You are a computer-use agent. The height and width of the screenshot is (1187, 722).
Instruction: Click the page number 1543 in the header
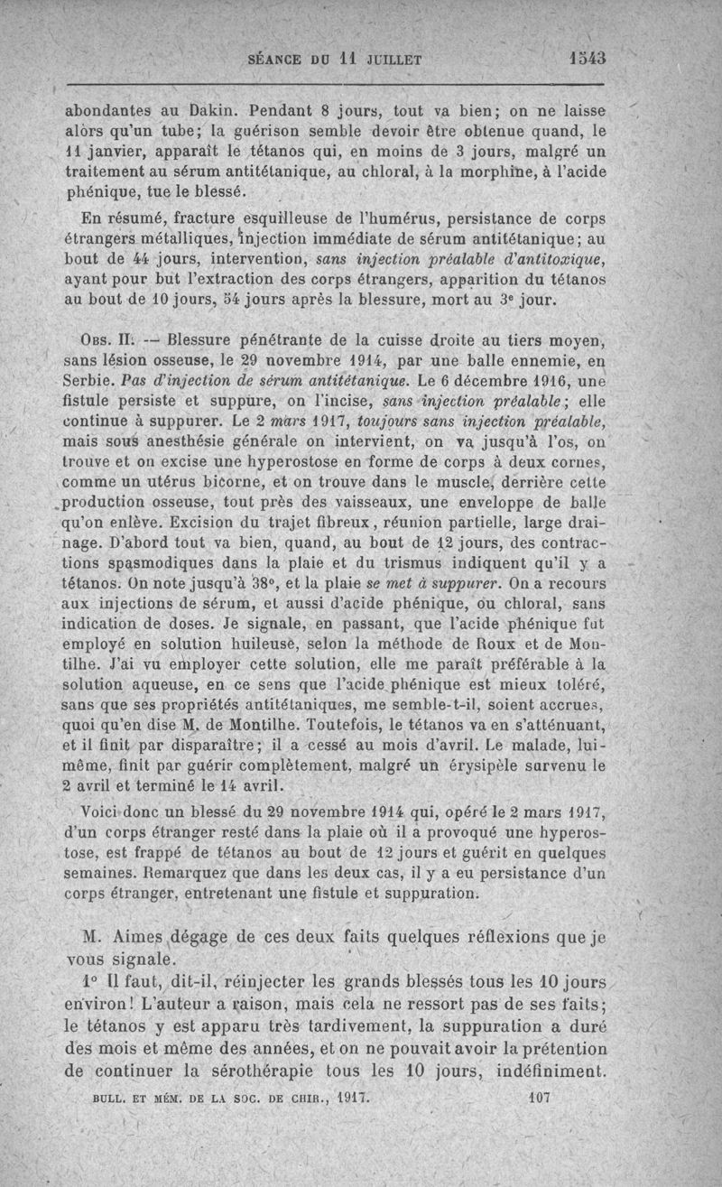coord(588,59)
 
